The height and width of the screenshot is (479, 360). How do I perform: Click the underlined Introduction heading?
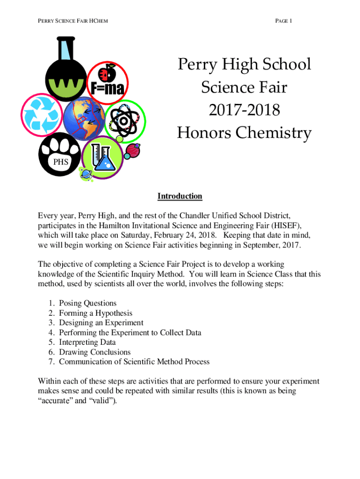180,196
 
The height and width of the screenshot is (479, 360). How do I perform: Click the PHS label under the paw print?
60,162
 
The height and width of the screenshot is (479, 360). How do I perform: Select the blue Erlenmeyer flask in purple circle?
106,160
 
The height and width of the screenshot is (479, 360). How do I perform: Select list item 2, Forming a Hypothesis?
95,313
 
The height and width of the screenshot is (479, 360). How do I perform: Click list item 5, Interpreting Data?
87,342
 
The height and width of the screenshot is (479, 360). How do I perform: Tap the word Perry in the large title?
197,64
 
